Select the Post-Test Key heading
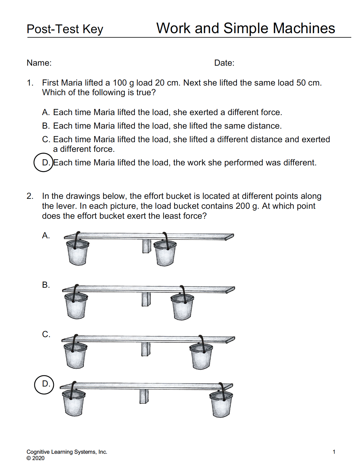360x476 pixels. (x=65, y=29)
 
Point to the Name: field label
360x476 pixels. (x=39, y=63)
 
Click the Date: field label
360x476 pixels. (x=224, y=63)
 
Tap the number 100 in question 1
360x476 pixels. (x=119, y=83)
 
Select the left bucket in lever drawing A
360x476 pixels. (x=78, y=252)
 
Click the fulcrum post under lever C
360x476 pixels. (x=146, y=349)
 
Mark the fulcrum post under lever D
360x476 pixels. (x=144, y=396)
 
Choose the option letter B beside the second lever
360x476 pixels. (x=46, y=285)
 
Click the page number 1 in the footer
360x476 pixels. (x=334, y=452)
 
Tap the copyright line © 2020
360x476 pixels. (x=36, y=458)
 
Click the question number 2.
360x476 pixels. (x=29, y=196)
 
